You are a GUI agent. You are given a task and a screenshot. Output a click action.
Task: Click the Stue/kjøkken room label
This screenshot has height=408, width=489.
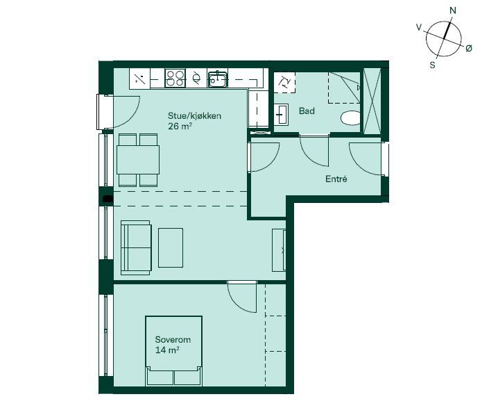click(x=194, y=116)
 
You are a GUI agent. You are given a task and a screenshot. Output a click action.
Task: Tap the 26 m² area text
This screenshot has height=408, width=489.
click(x=180, y=127)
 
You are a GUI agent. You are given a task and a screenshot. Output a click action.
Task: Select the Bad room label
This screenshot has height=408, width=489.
click(x=307, y=111)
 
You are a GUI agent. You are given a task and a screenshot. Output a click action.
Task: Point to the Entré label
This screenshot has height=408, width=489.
click(x=336, y=179)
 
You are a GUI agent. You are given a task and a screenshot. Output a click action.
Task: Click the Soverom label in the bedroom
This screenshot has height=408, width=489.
click(x=173, y=340)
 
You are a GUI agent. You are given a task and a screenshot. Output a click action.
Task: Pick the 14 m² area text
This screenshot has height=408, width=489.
click(x=167, y=350)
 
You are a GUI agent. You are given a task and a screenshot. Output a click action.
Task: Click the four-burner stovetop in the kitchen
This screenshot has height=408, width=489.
click(x=175, y=78)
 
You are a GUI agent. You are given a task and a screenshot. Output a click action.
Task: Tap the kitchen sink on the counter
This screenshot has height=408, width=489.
click(x=218, y=79)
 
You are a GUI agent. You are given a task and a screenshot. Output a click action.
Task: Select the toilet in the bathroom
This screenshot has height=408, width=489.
click(x=350, y=117)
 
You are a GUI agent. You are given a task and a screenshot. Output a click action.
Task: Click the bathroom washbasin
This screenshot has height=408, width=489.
click(x=281, y=115)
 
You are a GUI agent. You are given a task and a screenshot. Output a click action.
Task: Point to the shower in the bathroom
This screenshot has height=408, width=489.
click(x=344, y=88)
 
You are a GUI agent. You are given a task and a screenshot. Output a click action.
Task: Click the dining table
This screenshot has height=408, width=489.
click(x=138, y=160)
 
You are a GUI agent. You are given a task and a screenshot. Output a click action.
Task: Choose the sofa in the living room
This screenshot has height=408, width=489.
click(x=136, y=247)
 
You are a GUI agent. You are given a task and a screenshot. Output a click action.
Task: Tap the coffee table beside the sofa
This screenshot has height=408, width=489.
click(x=171, y=247)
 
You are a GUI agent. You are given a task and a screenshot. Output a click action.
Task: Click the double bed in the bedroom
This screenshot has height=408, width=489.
click(x=173, y=350)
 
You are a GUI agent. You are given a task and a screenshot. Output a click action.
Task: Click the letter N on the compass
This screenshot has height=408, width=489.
click(x=453, y=10)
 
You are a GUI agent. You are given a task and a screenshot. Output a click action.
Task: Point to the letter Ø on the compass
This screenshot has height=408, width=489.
click(x=469, y=48)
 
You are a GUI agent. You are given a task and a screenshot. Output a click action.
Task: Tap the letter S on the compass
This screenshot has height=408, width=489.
click(x=433, y=65)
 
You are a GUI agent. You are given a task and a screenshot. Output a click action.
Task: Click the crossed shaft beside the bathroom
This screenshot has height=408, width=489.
click(x=372, y=101)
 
